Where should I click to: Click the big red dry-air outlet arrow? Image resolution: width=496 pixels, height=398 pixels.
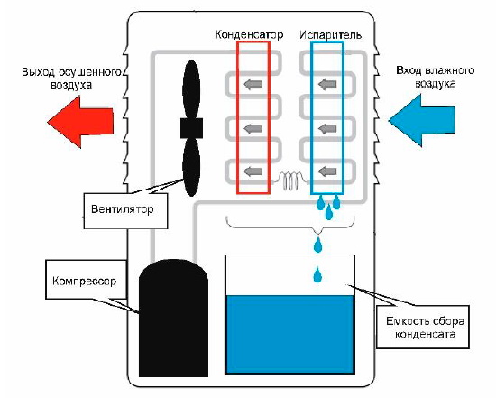tap(80, 122)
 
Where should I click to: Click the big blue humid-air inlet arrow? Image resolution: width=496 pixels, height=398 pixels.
tap(422, 120)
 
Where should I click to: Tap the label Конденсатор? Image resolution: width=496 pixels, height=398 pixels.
tap(249, 34)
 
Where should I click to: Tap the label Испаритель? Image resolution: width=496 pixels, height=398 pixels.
tap(331, 34)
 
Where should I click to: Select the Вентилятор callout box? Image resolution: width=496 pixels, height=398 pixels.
tap(125, 210)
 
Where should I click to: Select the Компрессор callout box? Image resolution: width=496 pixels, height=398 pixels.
tap(86, 279)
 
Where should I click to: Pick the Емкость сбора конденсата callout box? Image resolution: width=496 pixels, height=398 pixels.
tap(423, 327)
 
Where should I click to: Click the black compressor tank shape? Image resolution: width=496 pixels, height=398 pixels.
tap(173, 319)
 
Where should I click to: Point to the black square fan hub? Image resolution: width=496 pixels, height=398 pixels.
tap(191, 128)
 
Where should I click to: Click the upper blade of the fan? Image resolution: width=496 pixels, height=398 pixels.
tap(191, 89)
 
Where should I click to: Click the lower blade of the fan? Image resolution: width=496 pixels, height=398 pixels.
tap(191, 167)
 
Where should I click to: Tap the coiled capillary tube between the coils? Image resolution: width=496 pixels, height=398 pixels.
tap(290, 180)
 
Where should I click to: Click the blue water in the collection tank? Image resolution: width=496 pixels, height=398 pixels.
tap(289, 334)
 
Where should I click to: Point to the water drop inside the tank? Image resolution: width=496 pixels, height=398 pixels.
tap(317, 275)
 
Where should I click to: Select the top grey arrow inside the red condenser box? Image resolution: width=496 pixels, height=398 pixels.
tap(253, 84)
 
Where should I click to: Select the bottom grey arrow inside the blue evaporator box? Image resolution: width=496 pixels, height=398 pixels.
tap(327, 171)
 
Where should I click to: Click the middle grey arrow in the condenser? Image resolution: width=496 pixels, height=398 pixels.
tap(253, 128)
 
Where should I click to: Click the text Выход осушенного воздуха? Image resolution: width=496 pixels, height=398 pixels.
tap(71, 79)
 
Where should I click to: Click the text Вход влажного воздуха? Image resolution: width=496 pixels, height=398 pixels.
tap(436, 77)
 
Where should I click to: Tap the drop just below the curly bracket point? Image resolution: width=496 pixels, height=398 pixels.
tap(317, 245)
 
